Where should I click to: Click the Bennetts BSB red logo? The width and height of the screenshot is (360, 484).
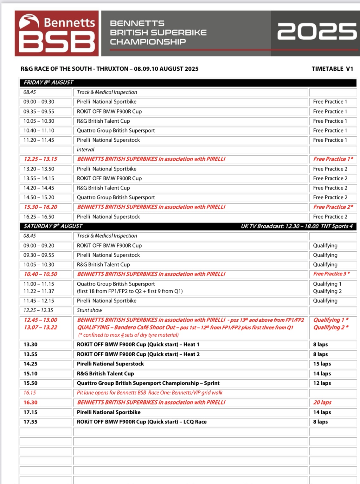pyautogui.click(x=57, y=34)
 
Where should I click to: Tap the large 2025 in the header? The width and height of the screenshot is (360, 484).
pyautogui.click(x=317, y=31)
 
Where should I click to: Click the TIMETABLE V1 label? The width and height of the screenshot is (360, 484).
pyautogui.click(x=332, y=69)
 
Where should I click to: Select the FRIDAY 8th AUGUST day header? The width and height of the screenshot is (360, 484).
pyautogui.click(x=48, y=82)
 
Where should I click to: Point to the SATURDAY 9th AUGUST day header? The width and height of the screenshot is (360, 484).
pyautogui.click(x=53, y=226)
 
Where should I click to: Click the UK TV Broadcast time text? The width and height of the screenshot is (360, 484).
pyautogui.click(x=297, y=226)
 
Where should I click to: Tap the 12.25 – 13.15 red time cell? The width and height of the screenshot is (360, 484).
pyautogui.click(x=41, y=159)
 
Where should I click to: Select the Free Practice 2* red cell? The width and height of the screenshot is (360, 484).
pyautogui.click(x=333, y=207)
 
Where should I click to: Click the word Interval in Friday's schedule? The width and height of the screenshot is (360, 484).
pyautogui.click(x=86, y=150)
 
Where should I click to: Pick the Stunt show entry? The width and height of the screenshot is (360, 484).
pyautogui.click(x=90, y=310)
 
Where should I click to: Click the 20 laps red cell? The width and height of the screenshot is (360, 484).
pyautogui.click(x=322, y=403)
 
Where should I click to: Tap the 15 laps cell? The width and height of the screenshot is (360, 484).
pyautogui.click(x=322, y=364)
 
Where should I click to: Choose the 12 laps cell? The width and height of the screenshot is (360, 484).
pyautogui.click(x=322, y=383)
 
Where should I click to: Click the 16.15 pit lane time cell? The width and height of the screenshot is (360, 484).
pyautogui.click(x=30, y=393)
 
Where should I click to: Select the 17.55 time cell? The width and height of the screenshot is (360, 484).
pyautogui.click(x=30, y=422)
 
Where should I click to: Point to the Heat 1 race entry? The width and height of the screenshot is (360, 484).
pyautogui.click(x=138, y=345)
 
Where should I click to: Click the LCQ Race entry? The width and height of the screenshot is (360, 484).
pyautogui.click(x=142, y=422)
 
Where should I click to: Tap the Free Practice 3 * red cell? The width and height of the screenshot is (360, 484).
pyautogui.click(x=331, y=274)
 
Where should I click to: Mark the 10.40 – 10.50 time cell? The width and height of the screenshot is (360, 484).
pyautogui.click(x=41, y=274)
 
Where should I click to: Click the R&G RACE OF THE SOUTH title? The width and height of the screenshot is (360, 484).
pyautogui.click(x=110, y=69)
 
